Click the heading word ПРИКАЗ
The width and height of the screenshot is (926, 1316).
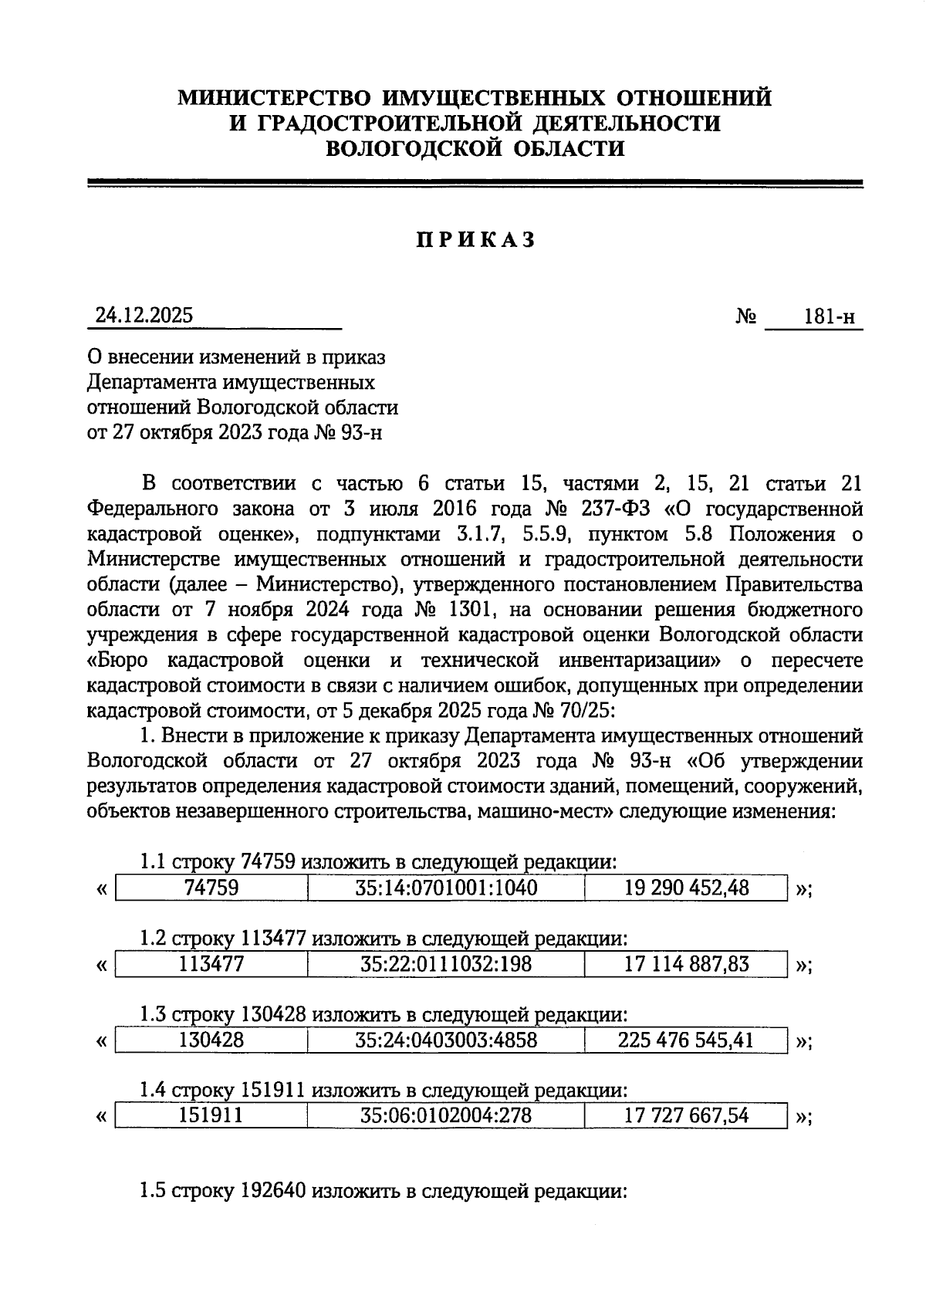tap(475, 240)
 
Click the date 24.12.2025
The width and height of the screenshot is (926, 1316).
tap(144, 316)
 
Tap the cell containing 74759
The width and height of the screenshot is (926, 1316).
tap(211, 888)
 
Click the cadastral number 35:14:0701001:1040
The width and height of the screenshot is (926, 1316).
tap(446, 888)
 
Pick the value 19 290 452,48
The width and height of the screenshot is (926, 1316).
tap(686, 888)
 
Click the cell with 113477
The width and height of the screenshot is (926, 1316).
tap(211, 964)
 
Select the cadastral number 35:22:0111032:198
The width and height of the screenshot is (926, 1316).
tap(446, 964)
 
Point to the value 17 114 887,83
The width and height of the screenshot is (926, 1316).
tap(686, 964)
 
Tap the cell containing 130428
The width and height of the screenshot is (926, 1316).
tap(211, 1040)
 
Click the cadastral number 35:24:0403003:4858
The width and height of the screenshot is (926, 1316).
tap(446, 1040)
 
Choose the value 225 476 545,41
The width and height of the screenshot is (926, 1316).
tap(686, 1040)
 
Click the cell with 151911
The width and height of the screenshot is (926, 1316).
tap(211, 1115)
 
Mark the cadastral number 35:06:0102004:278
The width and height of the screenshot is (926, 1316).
tap(446, 1115)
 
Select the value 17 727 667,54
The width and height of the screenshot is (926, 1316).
tap(686, 1115)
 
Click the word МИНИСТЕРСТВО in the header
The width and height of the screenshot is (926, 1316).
tap(274, 98)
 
